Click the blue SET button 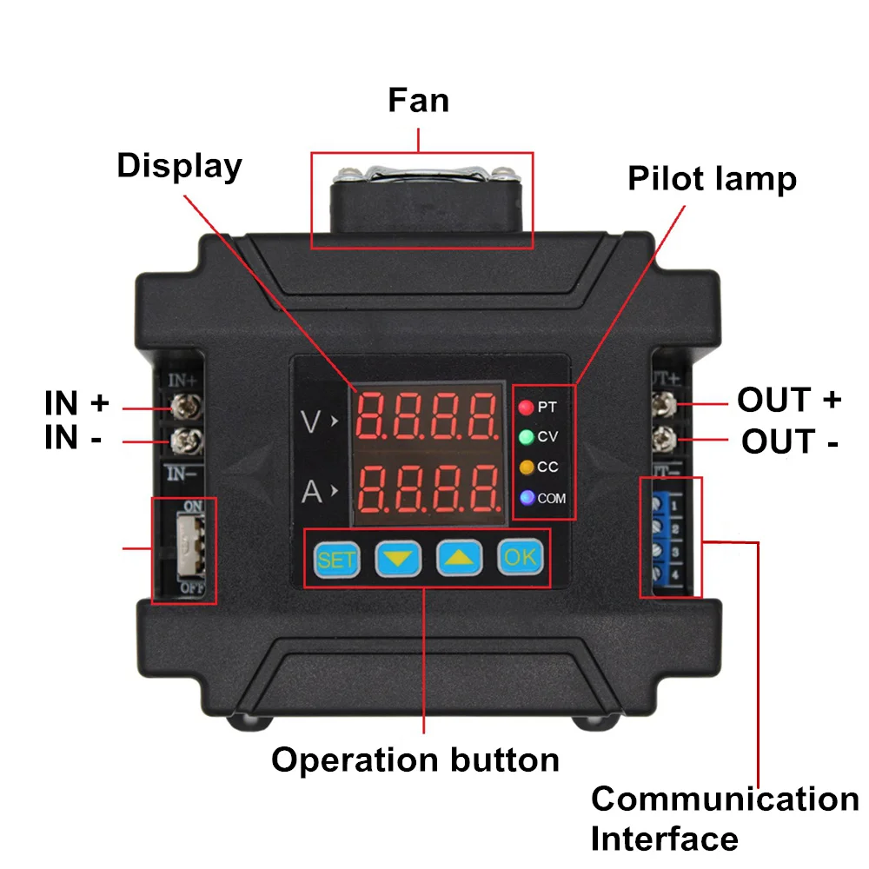tap(336, 559)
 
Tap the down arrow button tap(398, 559)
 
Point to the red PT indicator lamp tap(526, 407)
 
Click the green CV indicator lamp tap(526, 437)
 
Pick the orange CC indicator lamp tap(526, 468)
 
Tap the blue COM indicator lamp tap(526, 498)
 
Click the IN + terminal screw tap(183, 406)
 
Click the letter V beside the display tap(311, 421)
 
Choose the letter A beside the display tap(311, 493)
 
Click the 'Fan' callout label tap(418, 100)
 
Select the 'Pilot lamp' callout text tap(712, 179)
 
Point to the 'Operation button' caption tap(415, 760)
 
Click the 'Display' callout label tap(179, 165)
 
